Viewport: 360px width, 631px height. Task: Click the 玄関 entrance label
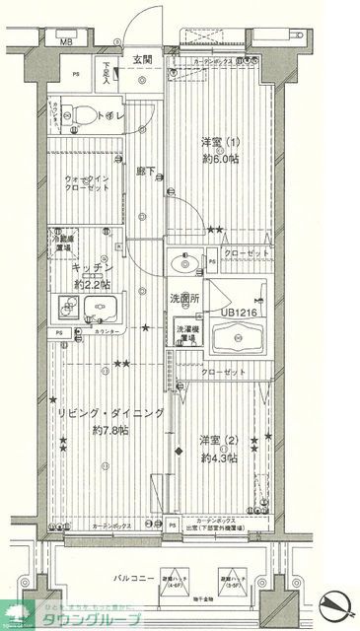coord(144,60)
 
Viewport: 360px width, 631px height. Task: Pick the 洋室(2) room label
coord(220,440)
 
